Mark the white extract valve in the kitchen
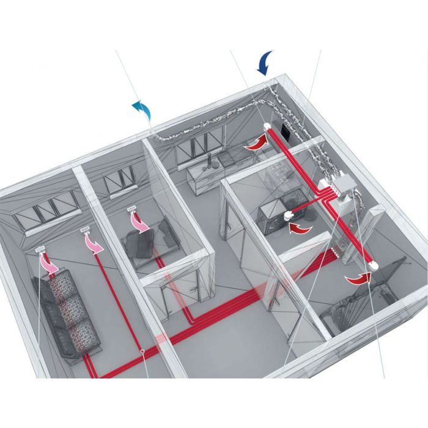pos(268,127)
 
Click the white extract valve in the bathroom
pos(290,215)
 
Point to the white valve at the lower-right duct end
pos(374,267)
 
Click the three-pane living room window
pos(47,208)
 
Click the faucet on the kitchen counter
pos(208,160)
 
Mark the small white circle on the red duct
pos(142,352)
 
